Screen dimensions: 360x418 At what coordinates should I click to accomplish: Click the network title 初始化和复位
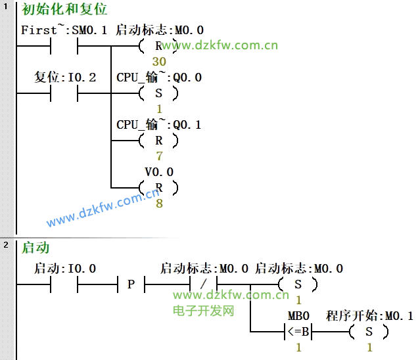[64, 10]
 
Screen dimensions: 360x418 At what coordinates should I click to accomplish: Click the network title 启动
[35, 248]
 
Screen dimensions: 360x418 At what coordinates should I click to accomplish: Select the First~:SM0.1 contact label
[63, 30]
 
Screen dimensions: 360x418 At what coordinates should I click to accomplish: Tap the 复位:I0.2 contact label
[65, 78]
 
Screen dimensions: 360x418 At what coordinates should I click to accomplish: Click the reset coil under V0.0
[158, 188]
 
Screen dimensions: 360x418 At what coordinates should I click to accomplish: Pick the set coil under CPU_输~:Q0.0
[158, 93]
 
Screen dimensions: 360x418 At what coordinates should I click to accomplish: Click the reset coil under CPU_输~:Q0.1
[158, 141]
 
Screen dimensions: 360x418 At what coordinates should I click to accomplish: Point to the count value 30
[158, 60]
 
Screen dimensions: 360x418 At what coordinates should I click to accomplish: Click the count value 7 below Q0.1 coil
[159, 156]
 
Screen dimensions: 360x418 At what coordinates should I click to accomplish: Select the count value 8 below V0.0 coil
[159, 204]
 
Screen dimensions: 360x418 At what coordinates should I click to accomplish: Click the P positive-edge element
[131, 284]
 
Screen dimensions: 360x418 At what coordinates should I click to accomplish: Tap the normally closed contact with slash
[203, 284]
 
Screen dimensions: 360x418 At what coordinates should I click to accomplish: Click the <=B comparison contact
[298, 332]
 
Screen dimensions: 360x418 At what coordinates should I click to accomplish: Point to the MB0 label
[298, 316]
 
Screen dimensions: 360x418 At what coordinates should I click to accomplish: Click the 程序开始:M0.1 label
[369, 316]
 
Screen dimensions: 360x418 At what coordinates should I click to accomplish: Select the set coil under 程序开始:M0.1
[369, 332]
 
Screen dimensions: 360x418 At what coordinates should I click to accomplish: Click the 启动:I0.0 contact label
[64, 269]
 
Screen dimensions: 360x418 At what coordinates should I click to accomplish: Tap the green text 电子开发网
[204, 310]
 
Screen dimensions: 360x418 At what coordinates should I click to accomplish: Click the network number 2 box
[6, 245]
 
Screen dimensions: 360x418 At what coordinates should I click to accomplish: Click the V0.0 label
[159, 172]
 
